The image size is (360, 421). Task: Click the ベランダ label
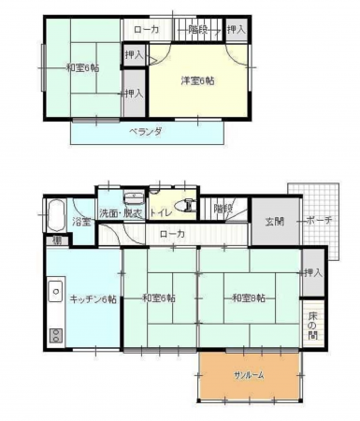click(146, 132)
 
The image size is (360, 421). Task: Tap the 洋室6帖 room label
click(198, 81)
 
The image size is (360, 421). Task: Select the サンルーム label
click(249, 374)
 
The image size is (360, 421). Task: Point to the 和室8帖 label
click(249, 298)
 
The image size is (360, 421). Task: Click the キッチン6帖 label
click(94, 298)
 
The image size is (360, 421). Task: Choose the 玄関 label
click(273, 222)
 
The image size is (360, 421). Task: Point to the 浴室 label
click(82, 222)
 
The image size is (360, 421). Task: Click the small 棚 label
click(57, 241)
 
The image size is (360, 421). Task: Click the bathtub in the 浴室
click(55, 214)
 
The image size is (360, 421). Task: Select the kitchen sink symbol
click(56, 291)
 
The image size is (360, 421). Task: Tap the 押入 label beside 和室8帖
click(312, 272)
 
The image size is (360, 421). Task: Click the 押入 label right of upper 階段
click(237, 31)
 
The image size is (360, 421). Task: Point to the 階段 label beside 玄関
click(223, 208)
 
